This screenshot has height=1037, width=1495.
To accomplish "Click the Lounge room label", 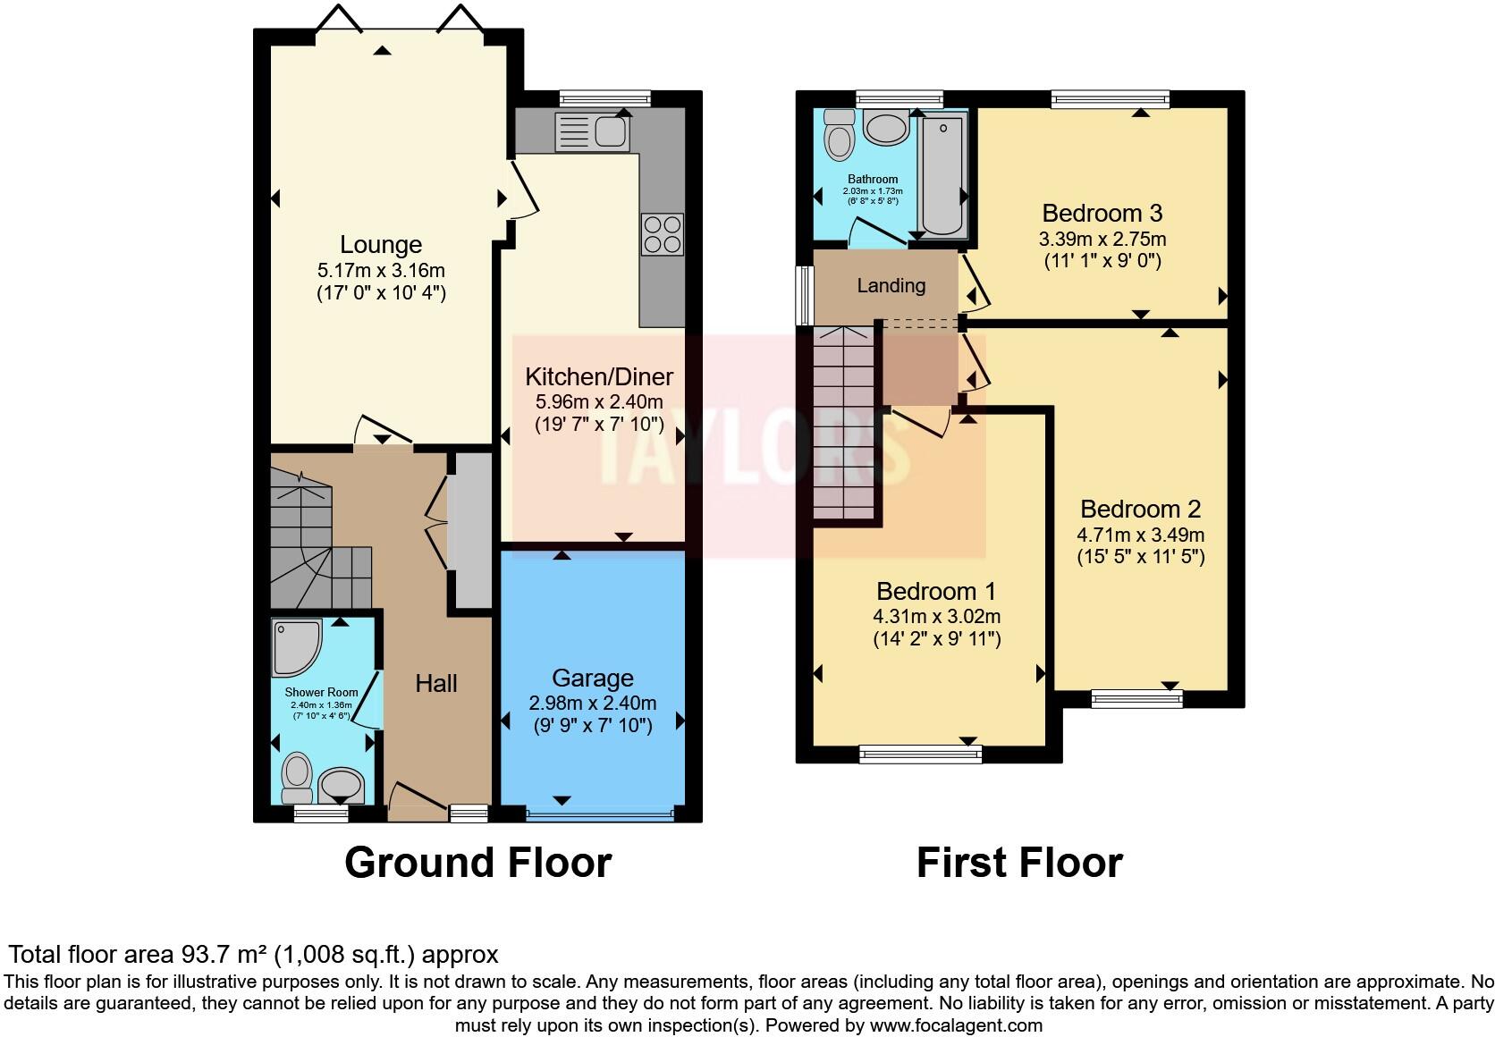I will coord(381,245).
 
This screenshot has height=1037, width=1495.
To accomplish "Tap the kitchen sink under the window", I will coord(593,133).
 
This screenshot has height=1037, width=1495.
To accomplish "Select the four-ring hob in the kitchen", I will coord(662,234).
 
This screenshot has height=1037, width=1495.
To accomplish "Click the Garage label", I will coord(592,679).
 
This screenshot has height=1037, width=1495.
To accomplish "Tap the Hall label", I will coord(436,684).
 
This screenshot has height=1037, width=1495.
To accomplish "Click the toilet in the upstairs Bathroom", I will coord(839,134).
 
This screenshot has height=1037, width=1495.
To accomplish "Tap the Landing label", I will coord(891,286).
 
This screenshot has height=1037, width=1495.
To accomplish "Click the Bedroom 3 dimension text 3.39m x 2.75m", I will coord(1102,240).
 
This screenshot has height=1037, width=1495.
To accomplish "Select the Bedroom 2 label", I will coord(1140,510).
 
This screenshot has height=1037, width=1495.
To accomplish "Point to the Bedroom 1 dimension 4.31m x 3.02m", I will coord(936,617).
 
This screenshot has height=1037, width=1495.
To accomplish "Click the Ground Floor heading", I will coord(477,863).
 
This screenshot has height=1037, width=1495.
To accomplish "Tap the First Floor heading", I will coord(1019,863).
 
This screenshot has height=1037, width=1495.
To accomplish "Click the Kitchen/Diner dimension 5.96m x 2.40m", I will coord(599,402).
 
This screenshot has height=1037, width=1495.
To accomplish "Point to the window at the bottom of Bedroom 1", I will coord(920,755).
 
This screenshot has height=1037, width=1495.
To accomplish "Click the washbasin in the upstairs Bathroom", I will coord(886,130).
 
